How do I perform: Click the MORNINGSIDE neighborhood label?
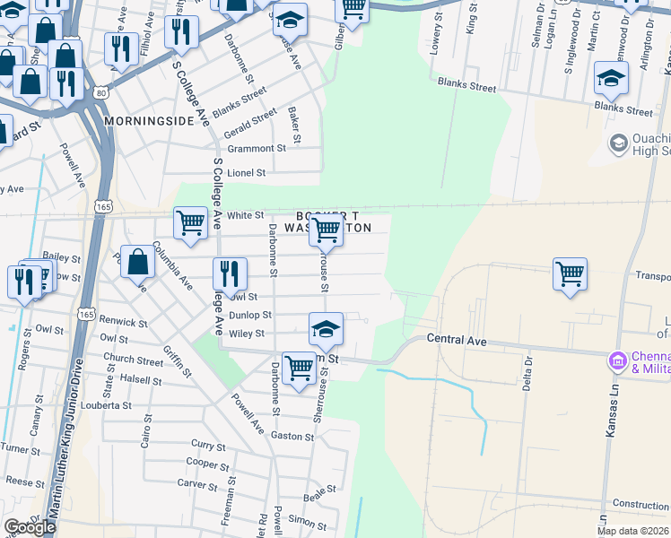click(149, 120)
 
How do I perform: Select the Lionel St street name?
click(246, 172)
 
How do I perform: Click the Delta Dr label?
click(528, 373)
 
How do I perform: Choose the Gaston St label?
click(292, 437)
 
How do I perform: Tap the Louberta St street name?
click(107, 405)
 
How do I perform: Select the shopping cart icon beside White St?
click(190, 223)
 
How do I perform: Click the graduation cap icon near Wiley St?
click(327, 329)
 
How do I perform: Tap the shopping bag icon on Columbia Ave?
click(138, 263)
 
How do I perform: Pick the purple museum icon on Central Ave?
click(617, 361)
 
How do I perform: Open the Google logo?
click(30, 527)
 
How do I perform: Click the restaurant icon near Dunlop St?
click(230, 274)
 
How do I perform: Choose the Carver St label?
click(193, 482)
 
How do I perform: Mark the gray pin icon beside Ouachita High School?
click(618, 143)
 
